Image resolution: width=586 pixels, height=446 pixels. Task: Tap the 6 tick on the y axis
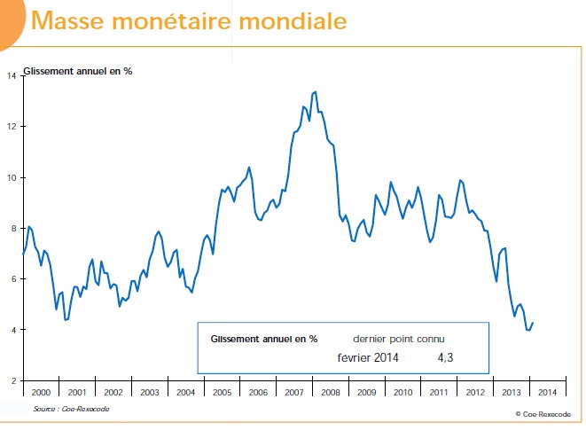pos(12,279)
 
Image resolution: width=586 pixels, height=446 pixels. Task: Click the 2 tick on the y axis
pos(12,380)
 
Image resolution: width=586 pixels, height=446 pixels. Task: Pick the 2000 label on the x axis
pos(41,392)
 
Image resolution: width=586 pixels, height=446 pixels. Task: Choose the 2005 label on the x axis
pos(223,392)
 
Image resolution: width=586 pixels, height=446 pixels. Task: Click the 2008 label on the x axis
pos(331,392)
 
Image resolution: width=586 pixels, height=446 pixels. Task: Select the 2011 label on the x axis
pos(438,392)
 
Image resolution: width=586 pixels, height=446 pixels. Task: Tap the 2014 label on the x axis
pos(547,392)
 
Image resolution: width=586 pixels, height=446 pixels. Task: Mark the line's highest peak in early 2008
pos(315,91)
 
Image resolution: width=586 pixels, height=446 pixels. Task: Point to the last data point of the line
pos(533,323)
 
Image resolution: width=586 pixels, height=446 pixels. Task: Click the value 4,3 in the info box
pos(446,357)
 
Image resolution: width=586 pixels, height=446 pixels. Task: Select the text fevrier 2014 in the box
pos(368,357)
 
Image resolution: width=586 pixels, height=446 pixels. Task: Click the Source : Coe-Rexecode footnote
pos(67,409)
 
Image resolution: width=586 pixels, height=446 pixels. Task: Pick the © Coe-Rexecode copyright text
pos(543,413)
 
